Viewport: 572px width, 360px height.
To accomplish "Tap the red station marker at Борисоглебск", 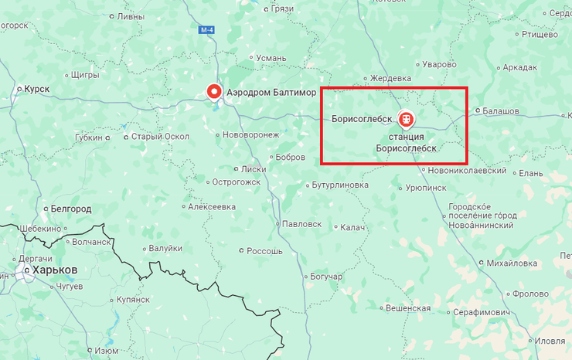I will point(404,119).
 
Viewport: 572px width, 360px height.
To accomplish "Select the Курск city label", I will point(36,89).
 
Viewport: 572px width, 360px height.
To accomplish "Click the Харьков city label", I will point(54,270).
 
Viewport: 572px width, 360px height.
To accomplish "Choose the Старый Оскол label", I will point(160,137).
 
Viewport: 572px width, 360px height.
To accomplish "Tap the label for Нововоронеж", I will point(250,134).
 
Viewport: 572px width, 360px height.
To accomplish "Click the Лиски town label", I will point(254,168).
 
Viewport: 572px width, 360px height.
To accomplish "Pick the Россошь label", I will point(264,251).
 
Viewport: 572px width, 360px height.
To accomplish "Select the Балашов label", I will point(500,111).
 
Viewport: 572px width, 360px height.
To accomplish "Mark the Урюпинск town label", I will point(425,187).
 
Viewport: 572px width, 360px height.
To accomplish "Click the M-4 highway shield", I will point(206,30).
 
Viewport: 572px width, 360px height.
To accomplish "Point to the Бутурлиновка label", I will point(340,185).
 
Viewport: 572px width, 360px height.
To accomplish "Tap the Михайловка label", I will point(512,263).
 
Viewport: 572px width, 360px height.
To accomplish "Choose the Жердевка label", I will point(390,78).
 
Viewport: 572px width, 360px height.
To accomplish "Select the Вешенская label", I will point(407,307).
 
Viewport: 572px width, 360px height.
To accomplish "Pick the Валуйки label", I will point(166,248).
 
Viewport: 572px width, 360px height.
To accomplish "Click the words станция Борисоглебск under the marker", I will point(406,142).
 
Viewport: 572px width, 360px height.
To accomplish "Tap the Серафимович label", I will point(482,311).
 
